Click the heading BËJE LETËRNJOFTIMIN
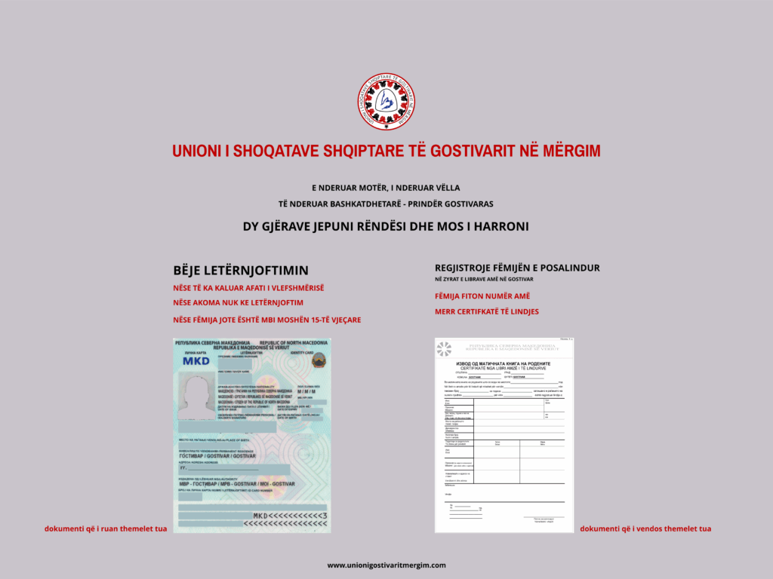[x=241, y=270]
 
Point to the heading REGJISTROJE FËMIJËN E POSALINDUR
[x=517, y=268]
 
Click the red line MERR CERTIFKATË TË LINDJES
[x=487, y=311]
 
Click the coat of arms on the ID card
[x=318, y=360]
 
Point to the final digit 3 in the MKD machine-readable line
[x=325, y=516]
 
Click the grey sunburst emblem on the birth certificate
[x=444, y=348]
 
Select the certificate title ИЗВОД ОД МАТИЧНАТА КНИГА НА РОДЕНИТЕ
[x=504, y=363]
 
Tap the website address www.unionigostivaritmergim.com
[x=386, y=565]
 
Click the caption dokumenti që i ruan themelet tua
[x=105, y=528]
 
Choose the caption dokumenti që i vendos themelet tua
[x=645, y=528]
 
